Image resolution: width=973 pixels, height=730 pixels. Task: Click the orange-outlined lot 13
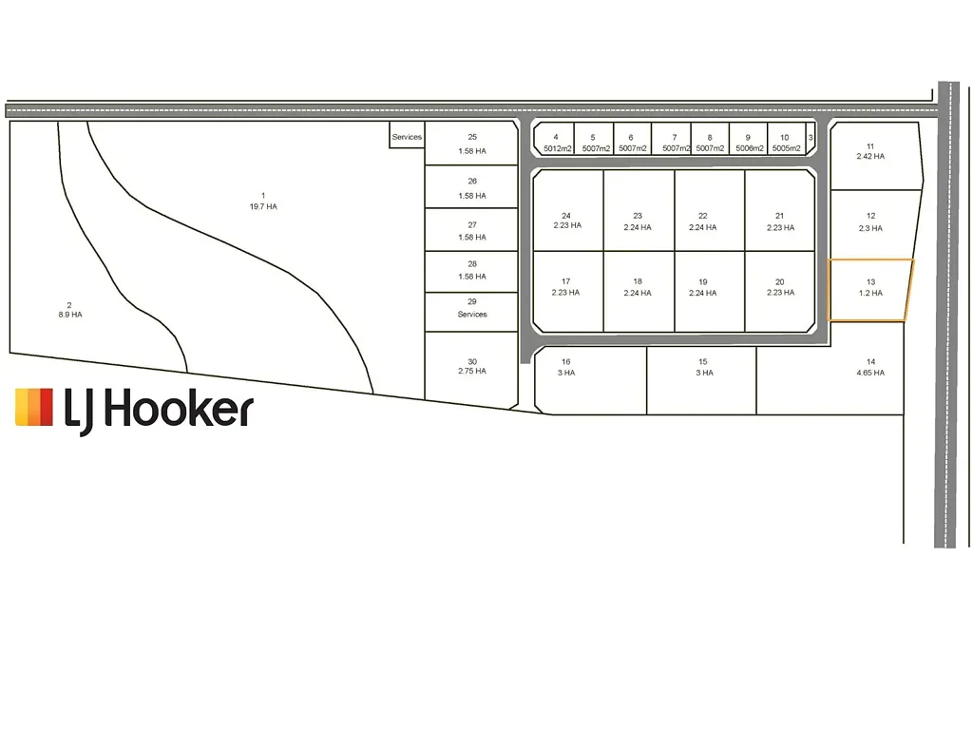coord(870,290)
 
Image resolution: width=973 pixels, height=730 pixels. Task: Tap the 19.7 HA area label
coord(263,206)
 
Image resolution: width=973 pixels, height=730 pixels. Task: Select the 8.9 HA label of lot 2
coord(70,315)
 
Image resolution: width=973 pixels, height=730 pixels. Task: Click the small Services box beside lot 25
coord(407,135)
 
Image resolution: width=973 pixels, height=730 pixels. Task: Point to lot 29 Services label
coord(472,314)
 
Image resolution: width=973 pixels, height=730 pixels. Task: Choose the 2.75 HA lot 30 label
coord(472,372)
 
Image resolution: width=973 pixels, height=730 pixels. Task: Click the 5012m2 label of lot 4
coord(557,149)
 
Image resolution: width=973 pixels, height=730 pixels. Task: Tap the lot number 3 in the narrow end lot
coord(811,138)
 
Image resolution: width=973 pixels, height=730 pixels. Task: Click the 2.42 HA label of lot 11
coord(870,157)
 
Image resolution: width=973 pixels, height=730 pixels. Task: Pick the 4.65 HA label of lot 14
coord(870,373)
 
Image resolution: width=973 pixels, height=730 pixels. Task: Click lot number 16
coord(566,362)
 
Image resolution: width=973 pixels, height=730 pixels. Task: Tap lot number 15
coord(703,362)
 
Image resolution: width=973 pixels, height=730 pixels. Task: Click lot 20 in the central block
coord(780,291)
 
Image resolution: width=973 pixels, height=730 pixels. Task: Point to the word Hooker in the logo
coord(178,409)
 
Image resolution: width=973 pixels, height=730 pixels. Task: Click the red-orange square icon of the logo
coord(34,407)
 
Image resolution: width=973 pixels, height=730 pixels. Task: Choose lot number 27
coord(472,225)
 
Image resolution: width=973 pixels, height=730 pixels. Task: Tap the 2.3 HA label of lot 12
coord(870,228)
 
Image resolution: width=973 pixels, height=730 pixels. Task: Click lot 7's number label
coord(675,138)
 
